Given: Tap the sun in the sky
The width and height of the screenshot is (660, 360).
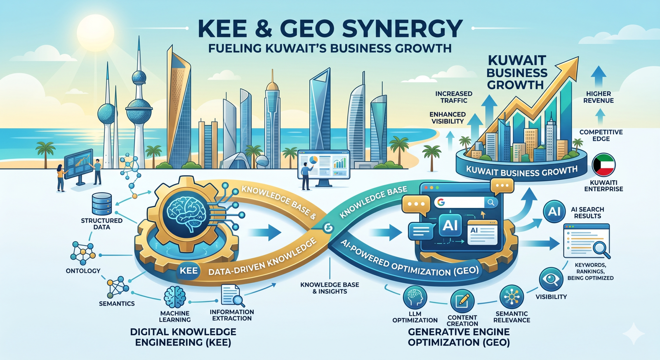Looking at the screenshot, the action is pyautogui.click(x=95, y=33).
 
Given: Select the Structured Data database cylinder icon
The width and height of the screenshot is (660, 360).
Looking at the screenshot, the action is pyautogui.click(x=101, y=203).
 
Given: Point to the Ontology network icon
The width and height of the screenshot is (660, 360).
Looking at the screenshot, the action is pyautogui.click(x=83, y=253).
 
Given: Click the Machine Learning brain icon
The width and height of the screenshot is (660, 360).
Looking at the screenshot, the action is pyautogui.click(x=175, y=298).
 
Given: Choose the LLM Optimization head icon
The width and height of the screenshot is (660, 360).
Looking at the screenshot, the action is pyautogui.click(x=415, y=298).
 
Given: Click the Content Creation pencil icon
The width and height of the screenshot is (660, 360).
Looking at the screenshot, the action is pyautogui.click(x=462, y=301).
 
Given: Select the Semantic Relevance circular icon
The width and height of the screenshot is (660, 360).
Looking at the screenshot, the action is pyautogui.click(x=512, y=297).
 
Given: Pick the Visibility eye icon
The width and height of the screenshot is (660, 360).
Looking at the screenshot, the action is pyautogui.click(x=551, y=279).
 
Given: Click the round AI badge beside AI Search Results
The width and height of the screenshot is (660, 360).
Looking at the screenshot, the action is pyautogui.click(x=554, y=211).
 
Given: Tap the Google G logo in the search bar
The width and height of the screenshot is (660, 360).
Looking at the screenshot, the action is pyautogui.click(x=441, y=202).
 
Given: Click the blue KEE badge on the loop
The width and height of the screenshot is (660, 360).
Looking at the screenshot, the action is pyautogui.click(x=189, y=271).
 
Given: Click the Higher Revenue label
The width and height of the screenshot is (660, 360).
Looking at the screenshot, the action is pyautogui.click(x=599, y=97).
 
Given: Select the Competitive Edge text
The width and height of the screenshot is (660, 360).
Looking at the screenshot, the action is pyautogui.click(x=601, y=135).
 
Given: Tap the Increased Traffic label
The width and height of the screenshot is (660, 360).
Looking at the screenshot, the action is pyautogui.click(x=454, y=97).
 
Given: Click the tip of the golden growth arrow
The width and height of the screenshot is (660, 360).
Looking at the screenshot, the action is pyautogui.click(x=578, y=57).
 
